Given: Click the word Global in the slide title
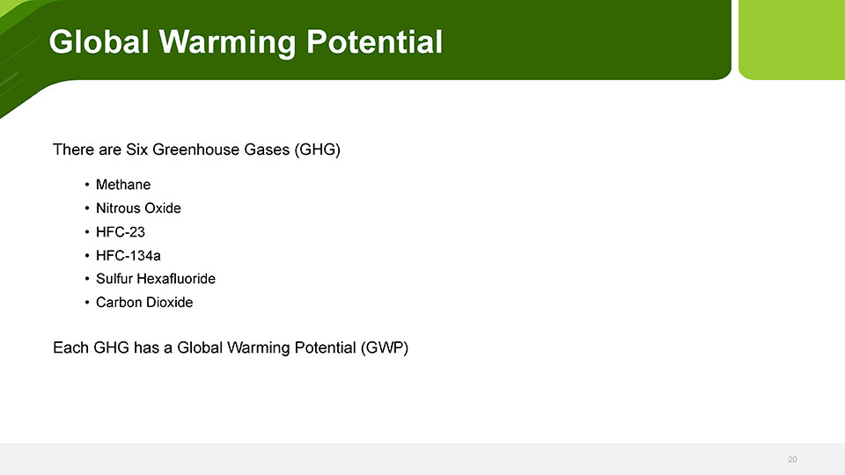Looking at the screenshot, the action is (x=99, y=41).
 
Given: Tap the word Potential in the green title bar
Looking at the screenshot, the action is (x=375, y=41).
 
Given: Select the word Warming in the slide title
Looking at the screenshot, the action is (x=227, y=42).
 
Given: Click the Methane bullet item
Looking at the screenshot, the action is (x=123, y=185).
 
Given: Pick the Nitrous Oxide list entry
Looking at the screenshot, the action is (x=138, y=208).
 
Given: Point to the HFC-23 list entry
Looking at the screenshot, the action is (x=121, y=232).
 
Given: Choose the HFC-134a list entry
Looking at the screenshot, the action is (x=129, y=255).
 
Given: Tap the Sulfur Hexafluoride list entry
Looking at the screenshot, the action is (x=156, y=279).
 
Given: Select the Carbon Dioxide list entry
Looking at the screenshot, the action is (x=144, y=303).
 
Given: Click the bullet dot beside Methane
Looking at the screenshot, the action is (x=87, y=185).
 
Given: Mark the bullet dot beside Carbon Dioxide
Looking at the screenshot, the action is (x=87, y=303).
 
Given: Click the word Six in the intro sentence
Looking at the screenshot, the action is (x=137, y=150).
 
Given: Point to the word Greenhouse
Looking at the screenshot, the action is (x=195, y=150).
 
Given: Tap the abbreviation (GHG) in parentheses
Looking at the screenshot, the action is (x=318, y=150).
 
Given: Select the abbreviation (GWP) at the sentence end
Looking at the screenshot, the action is (x=385, y=348).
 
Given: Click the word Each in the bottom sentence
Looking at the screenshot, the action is (x=70, y=347).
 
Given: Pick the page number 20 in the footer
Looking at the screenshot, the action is (x=792, y=459).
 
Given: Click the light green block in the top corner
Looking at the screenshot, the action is (x=791, y=40).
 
